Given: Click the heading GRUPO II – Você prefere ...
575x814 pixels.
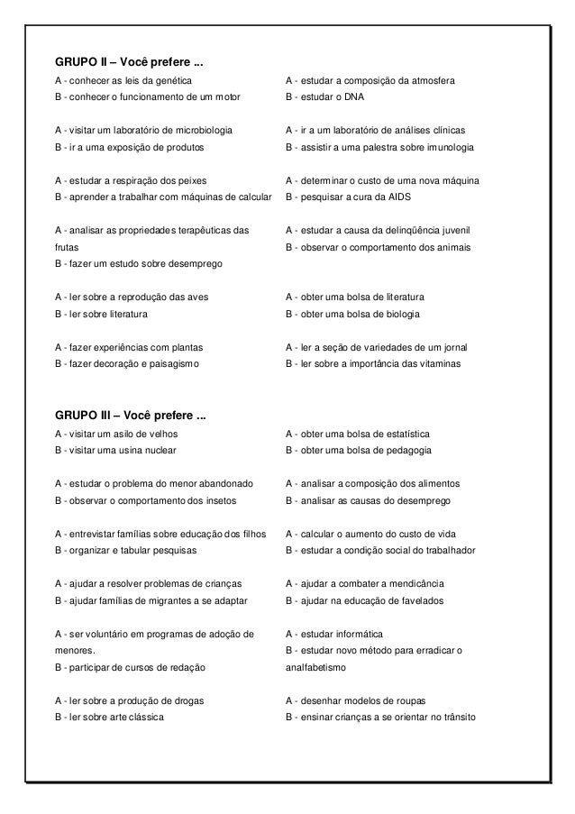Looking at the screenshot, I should [129, 63].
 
